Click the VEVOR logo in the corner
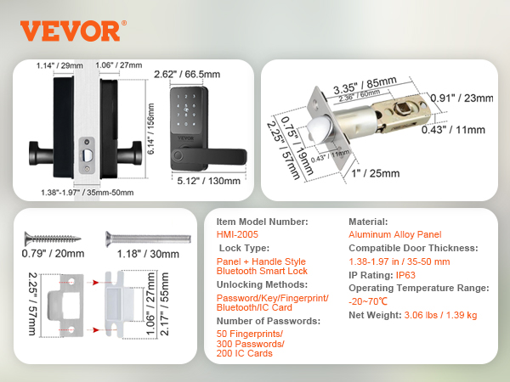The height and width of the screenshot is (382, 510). (x=73, y=31)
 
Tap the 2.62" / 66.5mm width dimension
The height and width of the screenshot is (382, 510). (x=187, y=75)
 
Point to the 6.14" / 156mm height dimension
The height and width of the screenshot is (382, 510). (x=150, y=129)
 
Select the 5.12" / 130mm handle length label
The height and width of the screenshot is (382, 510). (x=208, y=181)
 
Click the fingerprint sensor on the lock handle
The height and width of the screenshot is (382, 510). (x=178, y=155)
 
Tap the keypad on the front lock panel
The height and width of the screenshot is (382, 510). (x=185, y=110)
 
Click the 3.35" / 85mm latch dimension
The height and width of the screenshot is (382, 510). (x=365, y=85)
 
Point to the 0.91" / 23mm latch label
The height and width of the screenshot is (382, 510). (x=462, y=98)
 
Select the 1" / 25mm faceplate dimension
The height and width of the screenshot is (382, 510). (x=376, y=173)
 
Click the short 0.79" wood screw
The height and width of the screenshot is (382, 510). (x=53, y=239)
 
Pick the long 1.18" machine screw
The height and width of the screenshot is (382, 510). (x=148, y=239)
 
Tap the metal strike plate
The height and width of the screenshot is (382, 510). (x=65, y=306)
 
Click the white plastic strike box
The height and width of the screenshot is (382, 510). (x=119, y=304)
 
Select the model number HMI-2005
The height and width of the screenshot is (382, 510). (x=237, y=234)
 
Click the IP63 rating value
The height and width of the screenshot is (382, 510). (x=405, y=275)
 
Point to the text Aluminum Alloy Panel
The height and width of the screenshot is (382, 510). (x=395, y=234)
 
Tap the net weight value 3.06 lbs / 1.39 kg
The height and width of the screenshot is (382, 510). (x=440, y=315)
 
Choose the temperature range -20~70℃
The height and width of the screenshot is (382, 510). (x=368, y=301)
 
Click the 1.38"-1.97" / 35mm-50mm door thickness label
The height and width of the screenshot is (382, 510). (x=88, y=193)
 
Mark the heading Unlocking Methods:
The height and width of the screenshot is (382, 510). (x=262, y=284)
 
